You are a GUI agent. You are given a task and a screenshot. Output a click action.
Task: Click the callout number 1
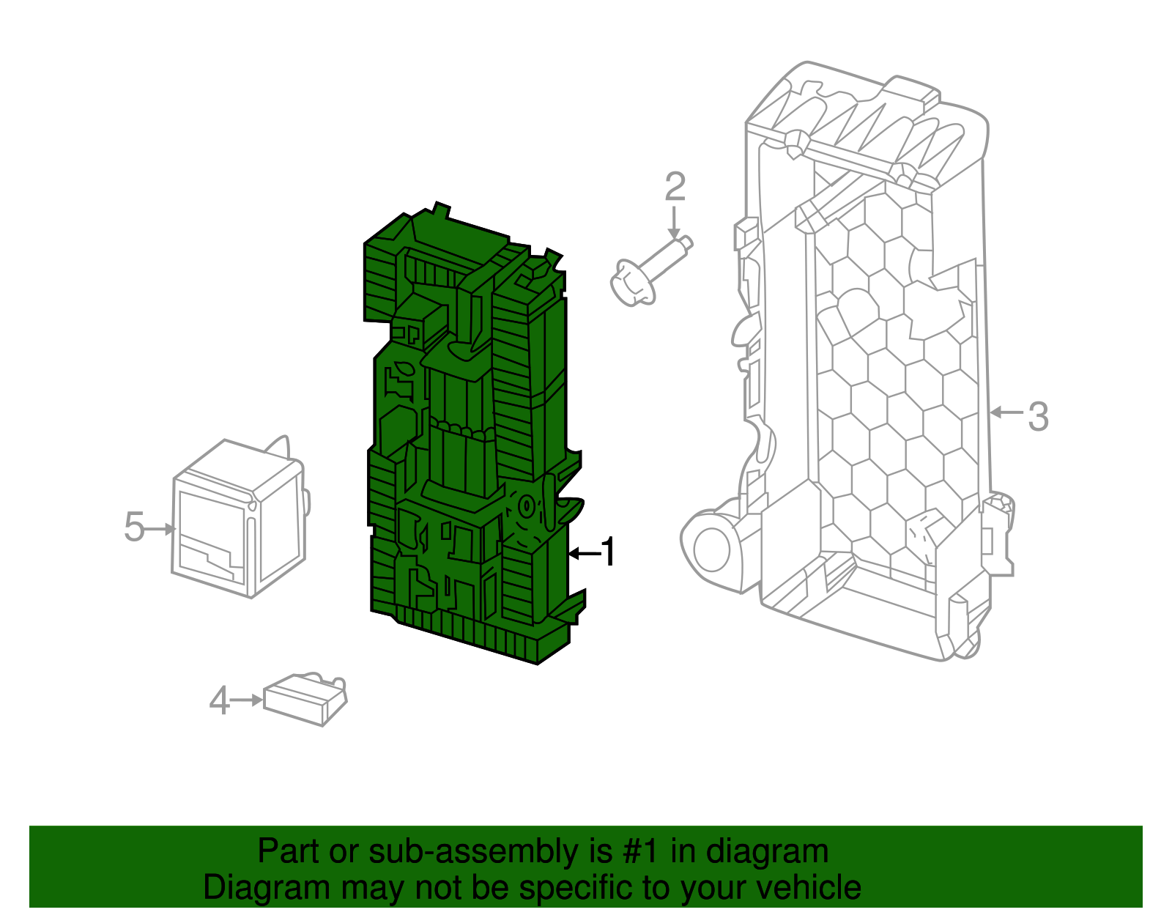click(609, 552)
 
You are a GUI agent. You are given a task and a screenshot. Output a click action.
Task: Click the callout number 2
click(675, 187)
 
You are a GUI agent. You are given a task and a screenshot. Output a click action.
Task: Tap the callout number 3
click(1038, 416)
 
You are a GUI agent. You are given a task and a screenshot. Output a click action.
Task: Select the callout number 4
click(219, 700)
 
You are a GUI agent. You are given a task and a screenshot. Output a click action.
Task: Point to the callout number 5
click(134, 527)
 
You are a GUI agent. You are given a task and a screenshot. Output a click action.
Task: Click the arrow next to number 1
click(584, 553)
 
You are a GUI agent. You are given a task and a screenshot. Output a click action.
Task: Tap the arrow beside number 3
click(1006, 412)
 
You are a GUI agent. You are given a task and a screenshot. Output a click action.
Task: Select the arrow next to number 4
click(246, 700)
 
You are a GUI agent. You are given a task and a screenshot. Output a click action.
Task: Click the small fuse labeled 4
click(305, 700)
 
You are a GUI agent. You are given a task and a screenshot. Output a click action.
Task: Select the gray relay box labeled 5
click(240, 519)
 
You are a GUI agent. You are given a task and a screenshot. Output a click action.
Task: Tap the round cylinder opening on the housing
click(711, 549)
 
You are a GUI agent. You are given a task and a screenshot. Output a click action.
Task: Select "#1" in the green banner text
click(641, 851)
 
